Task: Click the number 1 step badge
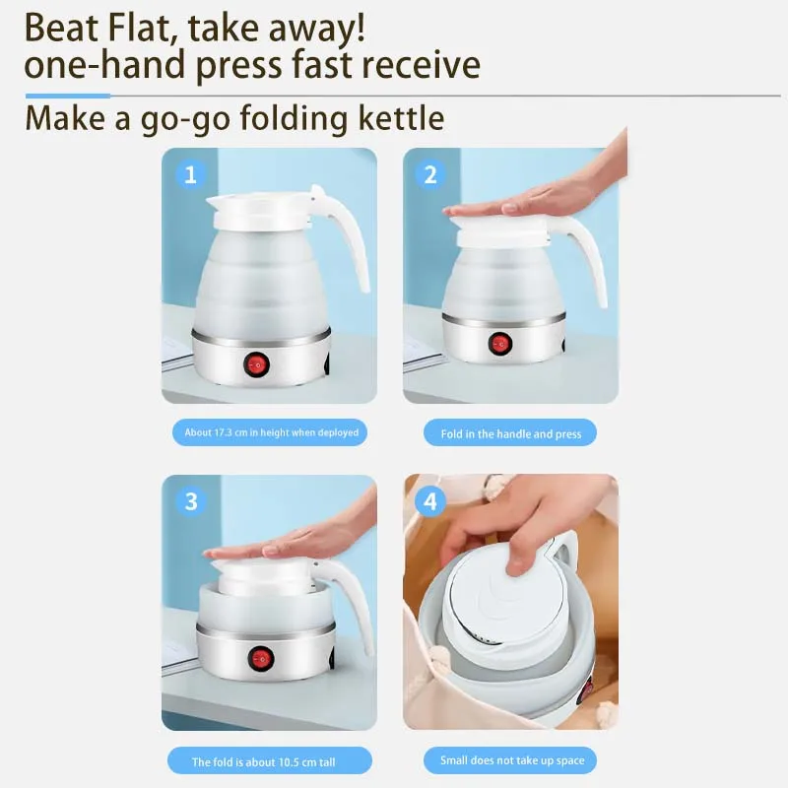(x=190, y=175)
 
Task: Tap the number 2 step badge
(x=429, y=175)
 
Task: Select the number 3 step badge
(x=190, y=501)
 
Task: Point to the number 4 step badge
(x=429, y=501)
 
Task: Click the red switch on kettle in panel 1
(x=258, y=365)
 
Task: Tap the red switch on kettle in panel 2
(x=501, y=344)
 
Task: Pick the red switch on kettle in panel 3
(x=260, y=658)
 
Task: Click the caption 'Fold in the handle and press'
(x=510, y=433)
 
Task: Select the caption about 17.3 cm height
(x=271, y=432)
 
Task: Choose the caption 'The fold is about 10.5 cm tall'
(x=270, y=761)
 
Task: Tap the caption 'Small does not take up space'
(x=510, y=760)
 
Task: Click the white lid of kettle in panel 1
(x=257, y=208)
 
